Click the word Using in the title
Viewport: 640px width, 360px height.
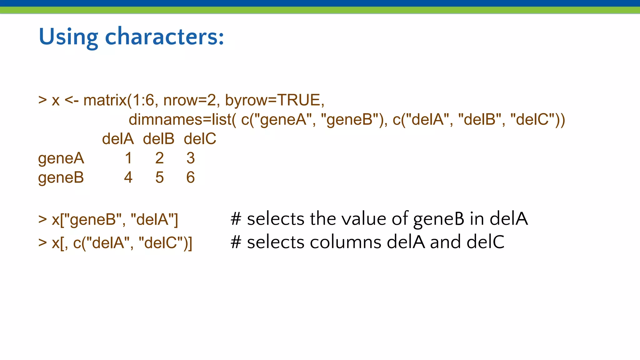(x=68, y=37)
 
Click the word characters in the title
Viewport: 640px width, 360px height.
(x=164, y=37)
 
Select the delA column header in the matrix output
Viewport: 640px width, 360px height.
(x=118, y=139)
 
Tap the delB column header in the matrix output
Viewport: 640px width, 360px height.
(x=158, y=139)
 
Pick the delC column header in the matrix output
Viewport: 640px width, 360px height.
(x=200, y=139)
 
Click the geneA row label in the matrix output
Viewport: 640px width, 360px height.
(x=61, y=158)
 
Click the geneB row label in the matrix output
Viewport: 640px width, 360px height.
(x=61, y=178)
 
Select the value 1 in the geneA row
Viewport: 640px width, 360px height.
(x=128, y=158)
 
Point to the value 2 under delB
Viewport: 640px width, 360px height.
(x=159, y=158)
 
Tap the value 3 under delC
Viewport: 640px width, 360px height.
(x=191, y=158)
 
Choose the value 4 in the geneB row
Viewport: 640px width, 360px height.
(x=128, y=177)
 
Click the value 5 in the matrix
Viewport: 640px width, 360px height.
(x=159, y=177)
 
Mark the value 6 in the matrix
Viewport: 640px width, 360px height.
(x=191, y=177)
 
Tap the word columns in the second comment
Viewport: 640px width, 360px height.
(x=345, y=242)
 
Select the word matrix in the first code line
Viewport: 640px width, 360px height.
(x=105, y=100)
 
